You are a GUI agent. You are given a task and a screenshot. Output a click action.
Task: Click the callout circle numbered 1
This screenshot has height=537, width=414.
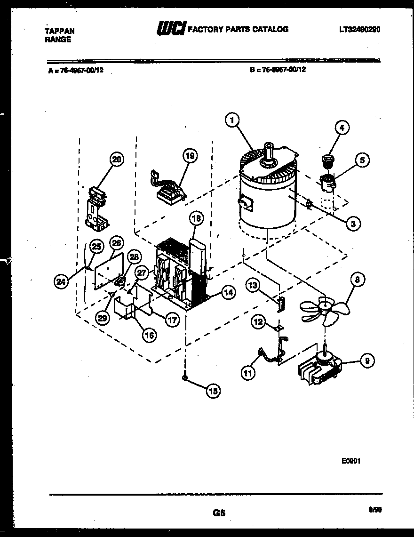tap(231, 121)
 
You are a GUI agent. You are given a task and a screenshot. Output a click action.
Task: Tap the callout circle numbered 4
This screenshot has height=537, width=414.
tap(342, 127)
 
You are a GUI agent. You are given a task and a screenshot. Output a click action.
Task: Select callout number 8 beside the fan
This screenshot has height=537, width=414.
tap(357, 280)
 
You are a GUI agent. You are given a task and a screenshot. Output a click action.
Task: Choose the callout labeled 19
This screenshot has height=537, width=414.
tap(190, 155)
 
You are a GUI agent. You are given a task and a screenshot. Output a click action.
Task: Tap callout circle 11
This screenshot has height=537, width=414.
tap(247, 373)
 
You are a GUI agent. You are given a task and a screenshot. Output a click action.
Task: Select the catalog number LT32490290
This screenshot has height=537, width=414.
tap(359, 29)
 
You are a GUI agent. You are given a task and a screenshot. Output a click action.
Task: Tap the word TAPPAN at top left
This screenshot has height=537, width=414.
tap(59, 31)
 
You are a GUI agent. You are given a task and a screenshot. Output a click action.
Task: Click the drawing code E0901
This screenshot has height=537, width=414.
tap(351, 462)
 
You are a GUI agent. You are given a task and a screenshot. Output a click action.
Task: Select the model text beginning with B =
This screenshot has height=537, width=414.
tap(278, 69)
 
